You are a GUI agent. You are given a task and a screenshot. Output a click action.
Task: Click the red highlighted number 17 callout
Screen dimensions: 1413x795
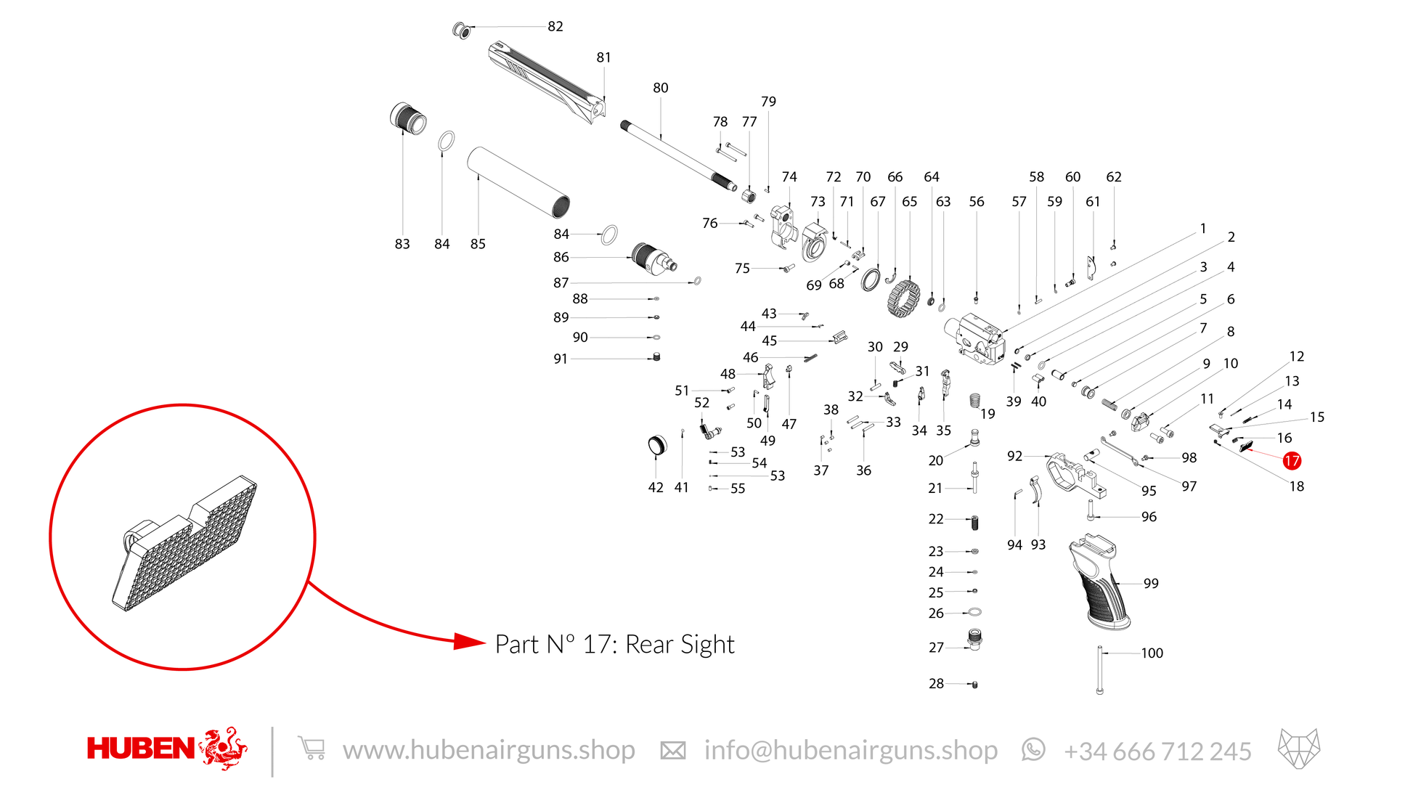(1292, 460)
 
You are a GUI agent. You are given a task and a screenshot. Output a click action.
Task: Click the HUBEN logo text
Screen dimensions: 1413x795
(141, 749)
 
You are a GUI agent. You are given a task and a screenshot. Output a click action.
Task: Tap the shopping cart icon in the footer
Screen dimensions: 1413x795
(311, 749)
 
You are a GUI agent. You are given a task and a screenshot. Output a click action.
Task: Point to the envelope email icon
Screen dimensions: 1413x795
(672, 751)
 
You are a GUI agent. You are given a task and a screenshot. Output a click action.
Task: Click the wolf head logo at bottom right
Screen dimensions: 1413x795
(1299, 749)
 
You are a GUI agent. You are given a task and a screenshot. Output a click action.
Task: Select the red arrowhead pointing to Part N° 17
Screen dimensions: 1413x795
(469, 641)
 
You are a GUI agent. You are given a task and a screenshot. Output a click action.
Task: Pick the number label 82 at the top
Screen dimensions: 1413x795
(555, 26)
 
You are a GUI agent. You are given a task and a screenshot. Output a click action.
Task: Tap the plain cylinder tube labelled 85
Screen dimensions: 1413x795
(518, 182)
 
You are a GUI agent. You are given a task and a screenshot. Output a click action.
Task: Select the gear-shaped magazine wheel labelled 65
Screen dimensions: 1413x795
(904, 298)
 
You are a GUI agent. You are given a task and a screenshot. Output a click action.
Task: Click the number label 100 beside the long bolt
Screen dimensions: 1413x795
(1152, 653)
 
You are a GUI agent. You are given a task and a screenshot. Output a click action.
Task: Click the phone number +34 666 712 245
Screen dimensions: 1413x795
(1157, 751)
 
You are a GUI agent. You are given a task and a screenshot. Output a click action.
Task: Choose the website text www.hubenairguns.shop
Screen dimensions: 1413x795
(489, 750)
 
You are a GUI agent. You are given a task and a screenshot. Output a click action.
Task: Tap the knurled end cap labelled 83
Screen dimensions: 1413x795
(408, 118)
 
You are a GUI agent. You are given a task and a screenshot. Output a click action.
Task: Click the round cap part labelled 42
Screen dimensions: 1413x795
(656, 445)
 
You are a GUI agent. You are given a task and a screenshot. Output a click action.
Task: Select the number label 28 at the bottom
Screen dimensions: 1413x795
(936, 684)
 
